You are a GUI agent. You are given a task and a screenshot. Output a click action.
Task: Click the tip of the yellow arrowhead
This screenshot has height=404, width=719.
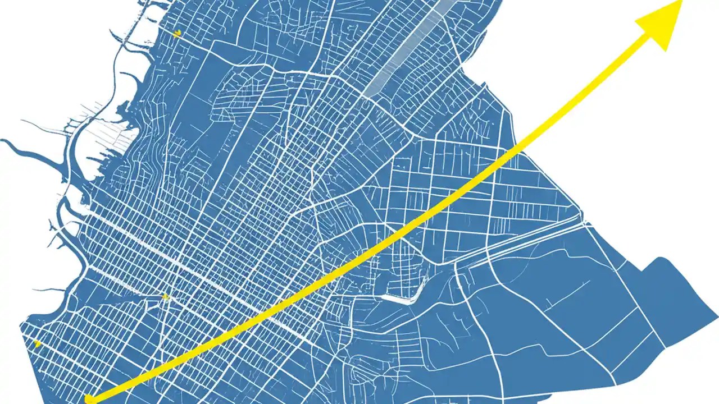point(681,2)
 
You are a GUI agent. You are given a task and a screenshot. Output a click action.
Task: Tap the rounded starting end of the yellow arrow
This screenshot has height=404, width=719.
point(89,399)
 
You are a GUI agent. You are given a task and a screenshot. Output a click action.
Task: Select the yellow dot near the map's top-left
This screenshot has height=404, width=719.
point(177,33)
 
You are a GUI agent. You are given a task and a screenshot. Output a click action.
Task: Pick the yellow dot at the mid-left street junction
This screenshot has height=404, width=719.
point(165,296)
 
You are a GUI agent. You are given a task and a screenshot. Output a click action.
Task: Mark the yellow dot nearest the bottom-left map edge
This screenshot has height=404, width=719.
point(37,343)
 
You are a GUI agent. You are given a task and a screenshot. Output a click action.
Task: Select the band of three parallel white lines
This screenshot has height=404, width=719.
point(522,241)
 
